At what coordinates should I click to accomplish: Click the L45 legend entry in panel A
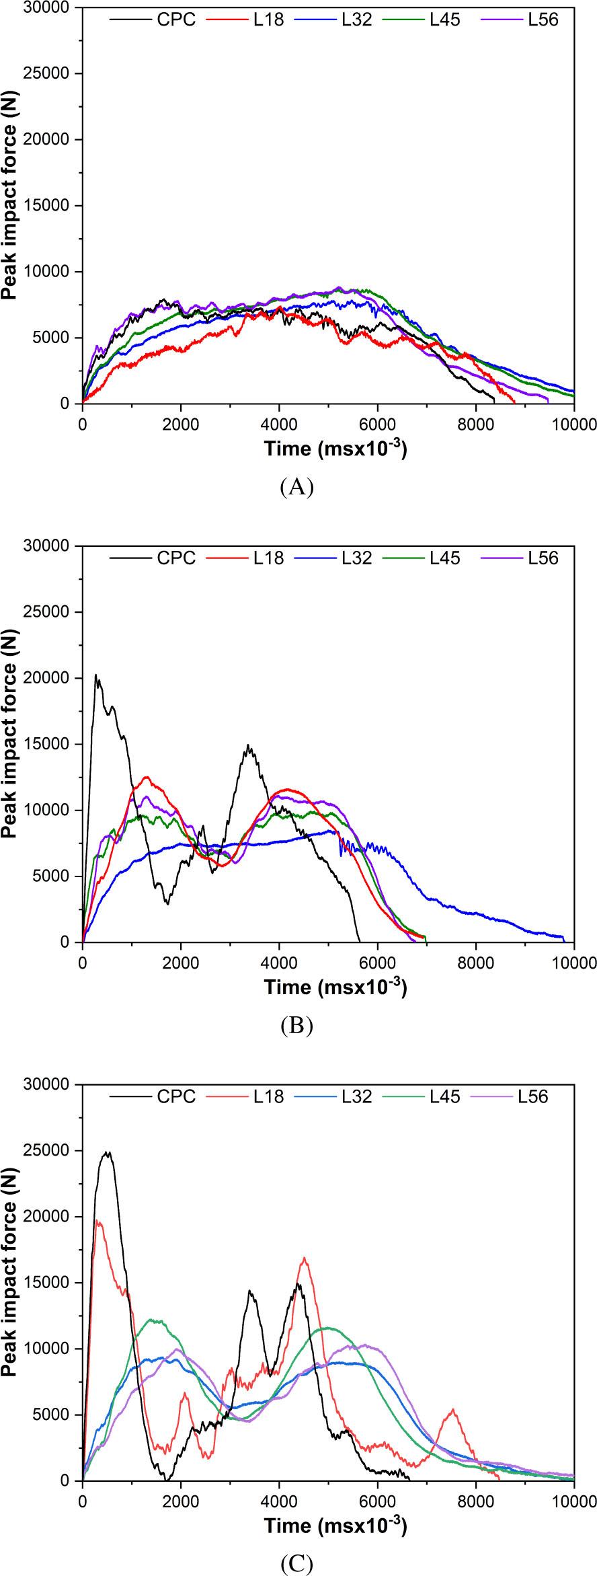(445, 20)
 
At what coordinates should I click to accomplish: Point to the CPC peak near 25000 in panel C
(107, 1152)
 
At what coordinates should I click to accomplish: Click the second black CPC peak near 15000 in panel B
(249, 745)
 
